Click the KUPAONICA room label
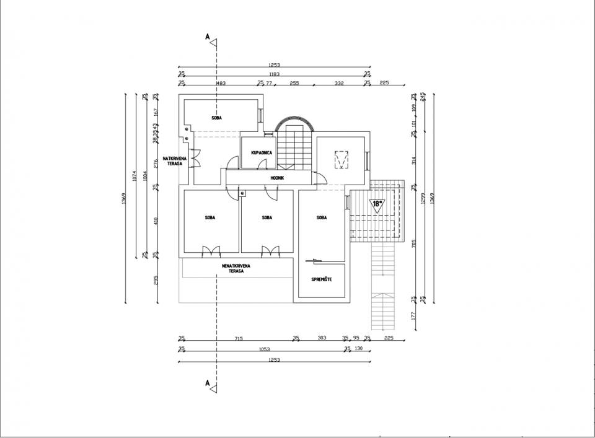(259, 152)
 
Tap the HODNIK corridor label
(277, 178)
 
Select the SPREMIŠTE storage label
(321, 279)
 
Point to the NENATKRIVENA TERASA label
(236, 268)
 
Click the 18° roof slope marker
(377, 203)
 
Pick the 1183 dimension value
(274, 74)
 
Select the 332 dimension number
(339, 82)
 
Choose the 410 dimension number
(156, 220)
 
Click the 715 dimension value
(239, 338)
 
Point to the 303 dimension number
(321, 338)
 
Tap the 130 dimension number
(359, 349)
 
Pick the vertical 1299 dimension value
(423, 198)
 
